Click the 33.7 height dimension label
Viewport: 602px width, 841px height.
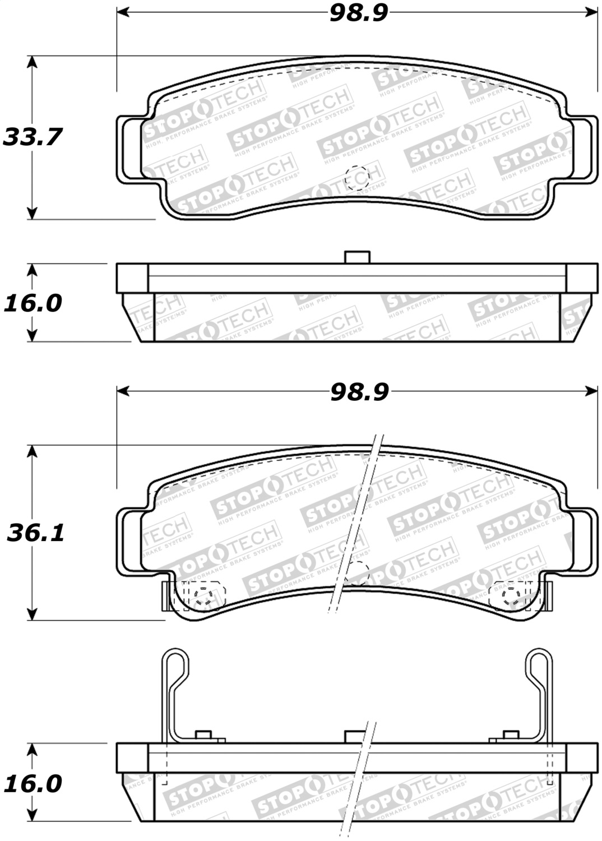point(32,137)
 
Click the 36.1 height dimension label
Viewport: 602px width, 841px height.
point(36,533)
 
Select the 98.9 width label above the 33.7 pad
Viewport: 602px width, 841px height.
point(358,12)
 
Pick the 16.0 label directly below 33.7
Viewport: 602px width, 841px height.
point(33,303)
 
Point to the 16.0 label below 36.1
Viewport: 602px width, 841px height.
point(33,783)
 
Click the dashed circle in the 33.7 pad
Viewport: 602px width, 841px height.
point(357,178)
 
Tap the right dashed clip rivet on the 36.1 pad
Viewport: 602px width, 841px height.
point(511,596)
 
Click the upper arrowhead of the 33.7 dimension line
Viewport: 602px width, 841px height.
point(33,62)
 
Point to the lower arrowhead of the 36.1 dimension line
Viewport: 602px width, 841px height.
point(33,613)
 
